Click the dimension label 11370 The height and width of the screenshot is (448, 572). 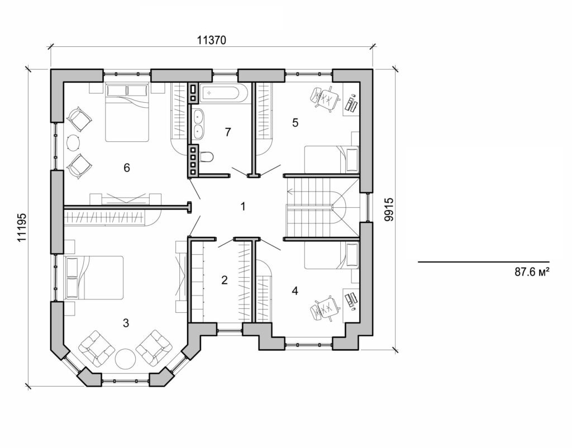click(212, 40)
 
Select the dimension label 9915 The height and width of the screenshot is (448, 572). click(389, 209)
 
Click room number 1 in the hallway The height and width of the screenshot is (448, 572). click(243, 207)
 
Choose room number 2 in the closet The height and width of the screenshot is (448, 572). click(224, 280)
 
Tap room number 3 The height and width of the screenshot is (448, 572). click(126, 322)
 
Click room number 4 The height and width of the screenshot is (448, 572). click(294, 290)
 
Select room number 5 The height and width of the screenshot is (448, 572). click(295, 123)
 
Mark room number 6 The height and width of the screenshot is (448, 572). click(127, 168)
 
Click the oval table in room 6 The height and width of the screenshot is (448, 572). click(74, 142)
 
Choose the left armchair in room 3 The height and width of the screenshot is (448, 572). click(96, 348)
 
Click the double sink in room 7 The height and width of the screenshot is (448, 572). click(198, 123)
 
